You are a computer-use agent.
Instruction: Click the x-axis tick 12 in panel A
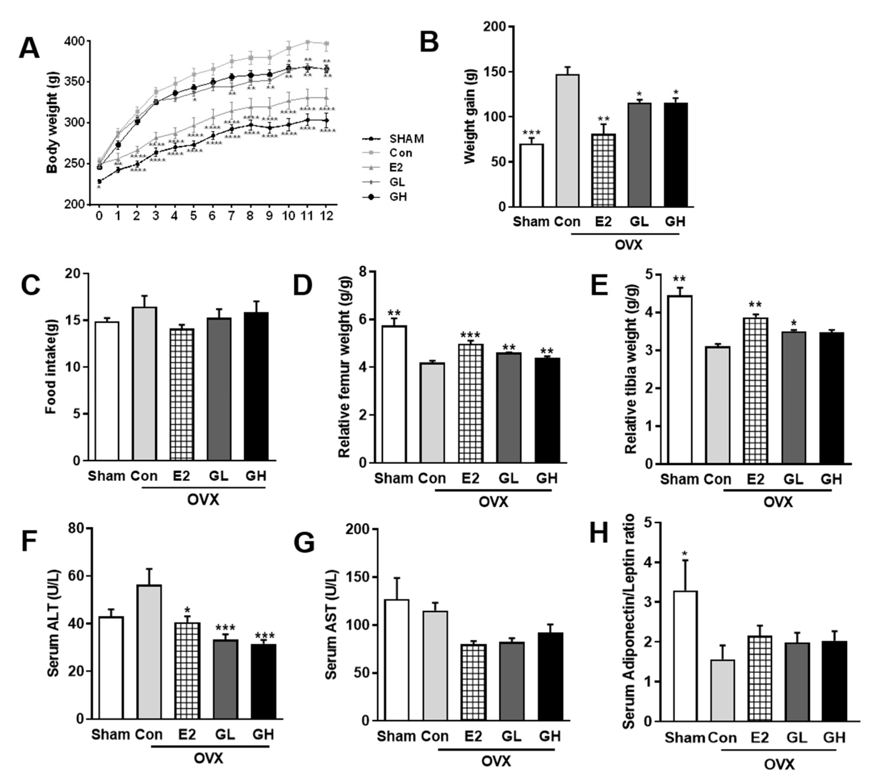point(327,215)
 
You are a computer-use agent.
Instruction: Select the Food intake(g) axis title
point(51,367)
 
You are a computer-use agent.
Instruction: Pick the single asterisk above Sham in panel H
point(684,554)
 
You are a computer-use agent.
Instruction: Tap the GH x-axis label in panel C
point(256,476)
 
